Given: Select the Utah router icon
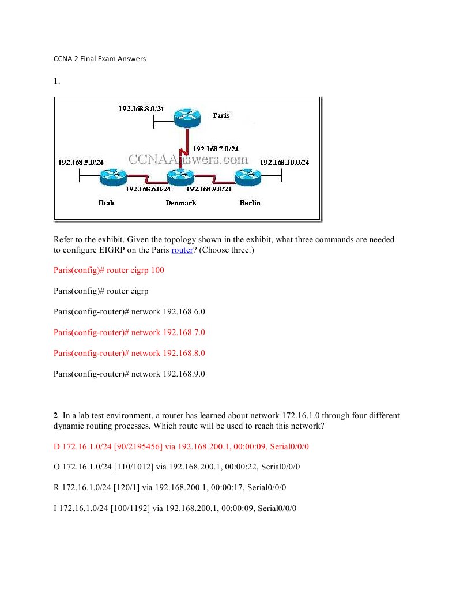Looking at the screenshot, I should (x=112, y=177).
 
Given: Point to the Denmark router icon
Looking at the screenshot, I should (x=180, y=178).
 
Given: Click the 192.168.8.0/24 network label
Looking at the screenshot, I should (x=141, y=108).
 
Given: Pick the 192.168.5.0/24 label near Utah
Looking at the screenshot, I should (x=81, y=162).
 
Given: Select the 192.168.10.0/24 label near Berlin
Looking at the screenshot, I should (x=284, y=162).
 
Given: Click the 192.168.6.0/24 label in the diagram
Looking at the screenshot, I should (x=148, y=189).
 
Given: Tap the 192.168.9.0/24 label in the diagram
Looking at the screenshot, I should (x=209, y=189).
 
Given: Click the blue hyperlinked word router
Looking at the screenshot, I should (x=182, y=250).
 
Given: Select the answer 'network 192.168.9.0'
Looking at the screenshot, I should (x=129, y=374).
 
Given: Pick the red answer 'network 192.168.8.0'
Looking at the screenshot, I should (x=129, y=353).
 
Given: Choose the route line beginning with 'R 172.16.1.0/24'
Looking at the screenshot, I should (x=170, y=487).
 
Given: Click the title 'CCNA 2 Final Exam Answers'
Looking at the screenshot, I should (x=100, y=58).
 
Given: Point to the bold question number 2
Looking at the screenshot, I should (x=56, y=415).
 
